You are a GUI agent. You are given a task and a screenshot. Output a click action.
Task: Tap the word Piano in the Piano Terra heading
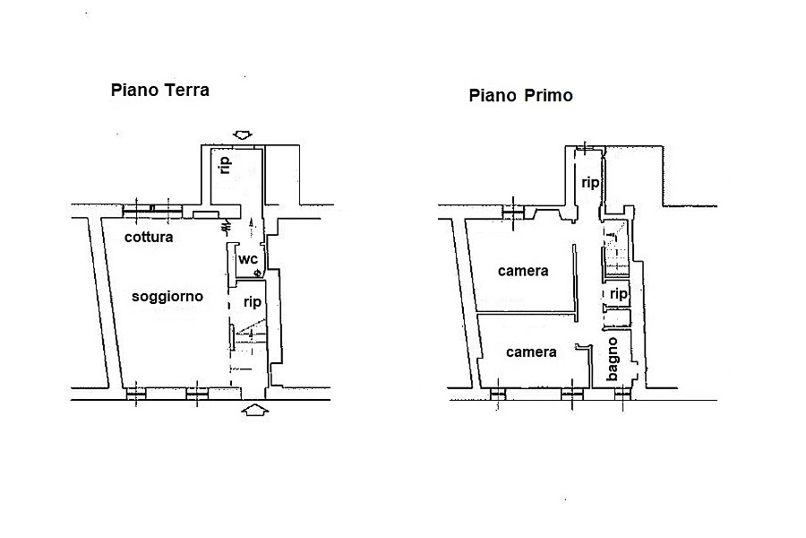[x=134, y=90]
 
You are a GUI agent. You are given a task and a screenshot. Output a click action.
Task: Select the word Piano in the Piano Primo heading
[x=493, y=95]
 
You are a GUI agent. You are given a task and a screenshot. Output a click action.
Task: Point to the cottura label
[x=149, y=237]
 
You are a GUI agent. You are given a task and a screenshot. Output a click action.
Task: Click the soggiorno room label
[x=167, y=297]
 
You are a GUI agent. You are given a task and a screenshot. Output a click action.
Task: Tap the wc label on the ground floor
[x=248, y=258]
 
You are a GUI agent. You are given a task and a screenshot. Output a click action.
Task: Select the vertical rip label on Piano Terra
[x=225, y=165]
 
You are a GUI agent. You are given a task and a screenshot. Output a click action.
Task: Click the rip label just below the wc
[x=253, y=302]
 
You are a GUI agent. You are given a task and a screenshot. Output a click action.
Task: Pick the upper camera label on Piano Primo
[x=523, y=271]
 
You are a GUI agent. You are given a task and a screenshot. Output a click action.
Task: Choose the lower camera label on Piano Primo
[x=531, y=352]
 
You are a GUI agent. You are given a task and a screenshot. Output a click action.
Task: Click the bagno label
[x=612, y=360]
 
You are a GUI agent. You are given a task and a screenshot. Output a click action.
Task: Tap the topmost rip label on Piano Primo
[x=590, y=183]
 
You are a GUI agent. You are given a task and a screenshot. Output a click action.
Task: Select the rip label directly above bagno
[x=618, y=294]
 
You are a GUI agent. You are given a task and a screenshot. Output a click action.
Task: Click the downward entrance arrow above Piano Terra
[x=243, y=135]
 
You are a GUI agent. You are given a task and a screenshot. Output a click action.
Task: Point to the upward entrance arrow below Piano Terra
[x=255, y=410]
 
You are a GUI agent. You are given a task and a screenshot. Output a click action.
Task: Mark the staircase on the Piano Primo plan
[x=615, y=248]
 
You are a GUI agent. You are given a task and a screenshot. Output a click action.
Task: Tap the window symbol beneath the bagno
[x=622, y=395]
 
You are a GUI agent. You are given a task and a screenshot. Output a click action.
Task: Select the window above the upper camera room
[x=513, y=211]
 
